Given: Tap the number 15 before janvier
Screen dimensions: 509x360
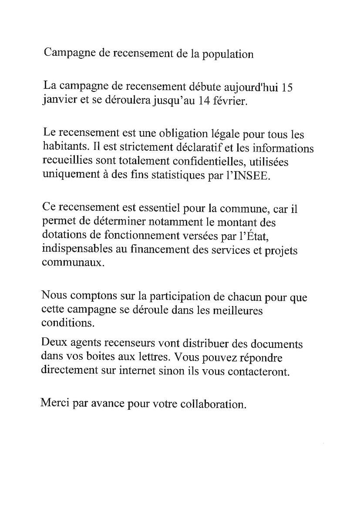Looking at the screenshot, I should click(286, 87).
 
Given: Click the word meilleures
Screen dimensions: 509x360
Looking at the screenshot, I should click(236, 311).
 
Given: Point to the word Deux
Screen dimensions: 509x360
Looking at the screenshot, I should click(53, 344).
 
